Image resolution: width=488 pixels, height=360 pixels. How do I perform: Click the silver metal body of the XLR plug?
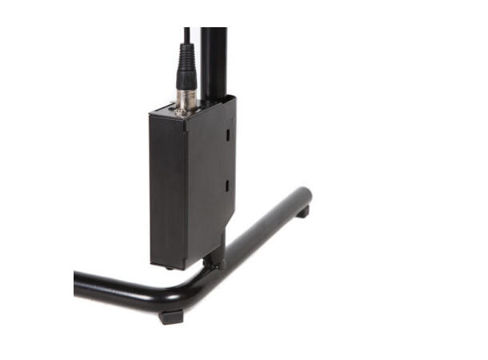point(186,101)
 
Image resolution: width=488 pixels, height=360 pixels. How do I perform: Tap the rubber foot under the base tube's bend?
point(171,316)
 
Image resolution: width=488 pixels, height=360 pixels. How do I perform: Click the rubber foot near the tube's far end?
point(302,213)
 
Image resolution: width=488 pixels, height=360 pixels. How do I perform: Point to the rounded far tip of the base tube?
point(304,195)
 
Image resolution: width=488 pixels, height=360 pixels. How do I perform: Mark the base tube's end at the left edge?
point(78,282)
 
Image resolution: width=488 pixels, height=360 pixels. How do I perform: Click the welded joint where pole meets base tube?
point(216,262)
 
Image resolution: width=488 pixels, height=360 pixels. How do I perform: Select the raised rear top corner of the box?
point(233,98)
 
